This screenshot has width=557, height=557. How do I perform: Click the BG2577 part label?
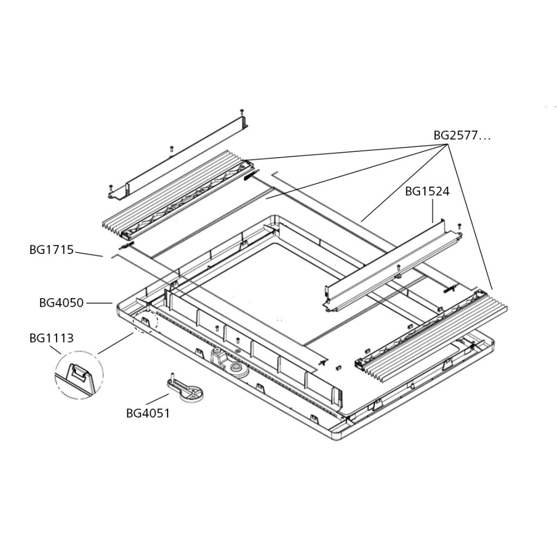pyautogui.click(x=461, y=136)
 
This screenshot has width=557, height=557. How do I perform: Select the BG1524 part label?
pyautogui.click(x=427, y=191)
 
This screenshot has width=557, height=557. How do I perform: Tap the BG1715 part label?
pyautogui.click(x=51, y=250)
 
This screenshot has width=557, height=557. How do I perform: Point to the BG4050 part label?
pyautogui.click(x=61, y=303)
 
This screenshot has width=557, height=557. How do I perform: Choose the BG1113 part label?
pyautogui.click(x=51, y=338)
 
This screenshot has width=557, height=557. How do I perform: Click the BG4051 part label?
pyautogui.click(x=148, y=413)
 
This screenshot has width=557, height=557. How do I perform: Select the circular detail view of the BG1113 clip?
pyautogui.click(x=78, y=376)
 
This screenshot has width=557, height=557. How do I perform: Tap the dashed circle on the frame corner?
pyautogui.click(x=146, y=322)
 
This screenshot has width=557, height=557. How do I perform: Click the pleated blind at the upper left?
pyautogui.click(x=174, y=199)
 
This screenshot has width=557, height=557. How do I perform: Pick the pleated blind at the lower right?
pyautogui.click(x=430, y=332)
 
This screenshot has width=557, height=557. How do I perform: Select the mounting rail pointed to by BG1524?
pyautogui.click(x=389, y=267)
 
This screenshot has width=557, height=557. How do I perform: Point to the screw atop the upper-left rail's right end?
pyautogui.click(x=242, y=112)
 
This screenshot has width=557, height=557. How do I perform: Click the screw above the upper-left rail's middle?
pyautogui.click(x=171, y=148)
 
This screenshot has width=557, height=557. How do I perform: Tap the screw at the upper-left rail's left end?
pyautogui.click(x=110, y=185)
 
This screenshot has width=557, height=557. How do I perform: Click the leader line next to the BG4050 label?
pyautogui.click(x=99, y=303)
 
